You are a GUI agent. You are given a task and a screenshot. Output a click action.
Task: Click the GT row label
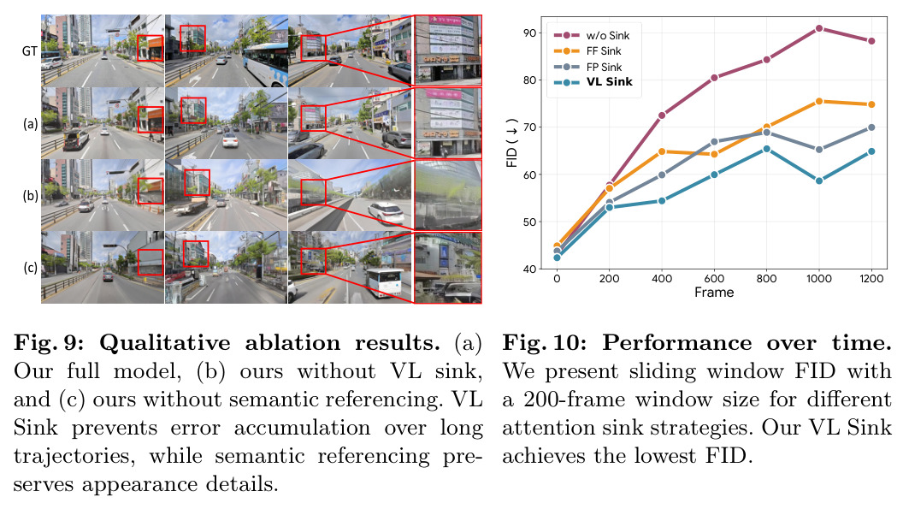click(29, 51)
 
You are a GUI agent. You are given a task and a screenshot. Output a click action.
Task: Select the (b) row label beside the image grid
click(31, 195)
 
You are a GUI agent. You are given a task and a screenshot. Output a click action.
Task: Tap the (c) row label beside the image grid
click(31, 268)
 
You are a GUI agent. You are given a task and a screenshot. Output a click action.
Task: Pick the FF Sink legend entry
click(587, 51)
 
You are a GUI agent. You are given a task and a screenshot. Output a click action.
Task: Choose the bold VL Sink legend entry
click(593, 82)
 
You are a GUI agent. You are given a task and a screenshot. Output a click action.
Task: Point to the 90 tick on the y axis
click(529, 33)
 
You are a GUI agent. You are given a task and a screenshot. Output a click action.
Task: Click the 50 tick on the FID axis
click(529, 222)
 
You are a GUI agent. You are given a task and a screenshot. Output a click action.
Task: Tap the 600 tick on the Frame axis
click(714, 278)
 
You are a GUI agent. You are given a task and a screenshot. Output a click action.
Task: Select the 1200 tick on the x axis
click(871, 278)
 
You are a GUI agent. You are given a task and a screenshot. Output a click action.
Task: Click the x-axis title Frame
click(714, 293)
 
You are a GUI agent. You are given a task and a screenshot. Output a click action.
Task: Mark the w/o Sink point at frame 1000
click(819, 28)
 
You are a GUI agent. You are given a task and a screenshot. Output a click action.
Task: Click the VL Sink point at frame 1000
click(819, 181)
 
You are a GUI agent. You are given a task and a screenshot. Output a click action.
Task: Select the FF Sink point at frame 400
click(662, 151)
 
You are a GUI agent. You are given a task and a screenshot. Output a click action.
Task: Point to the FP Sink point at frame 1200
click(871, 127)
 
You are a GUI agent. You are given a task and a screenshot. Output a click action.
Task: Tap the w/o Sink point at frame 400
click(662, 115)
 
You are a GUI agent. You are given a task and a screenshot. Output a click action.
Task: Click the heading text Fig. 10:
click(545, 343)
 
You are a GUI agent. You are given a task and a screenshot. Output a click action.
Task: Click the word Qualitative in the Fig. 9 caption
click(165, 343)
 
